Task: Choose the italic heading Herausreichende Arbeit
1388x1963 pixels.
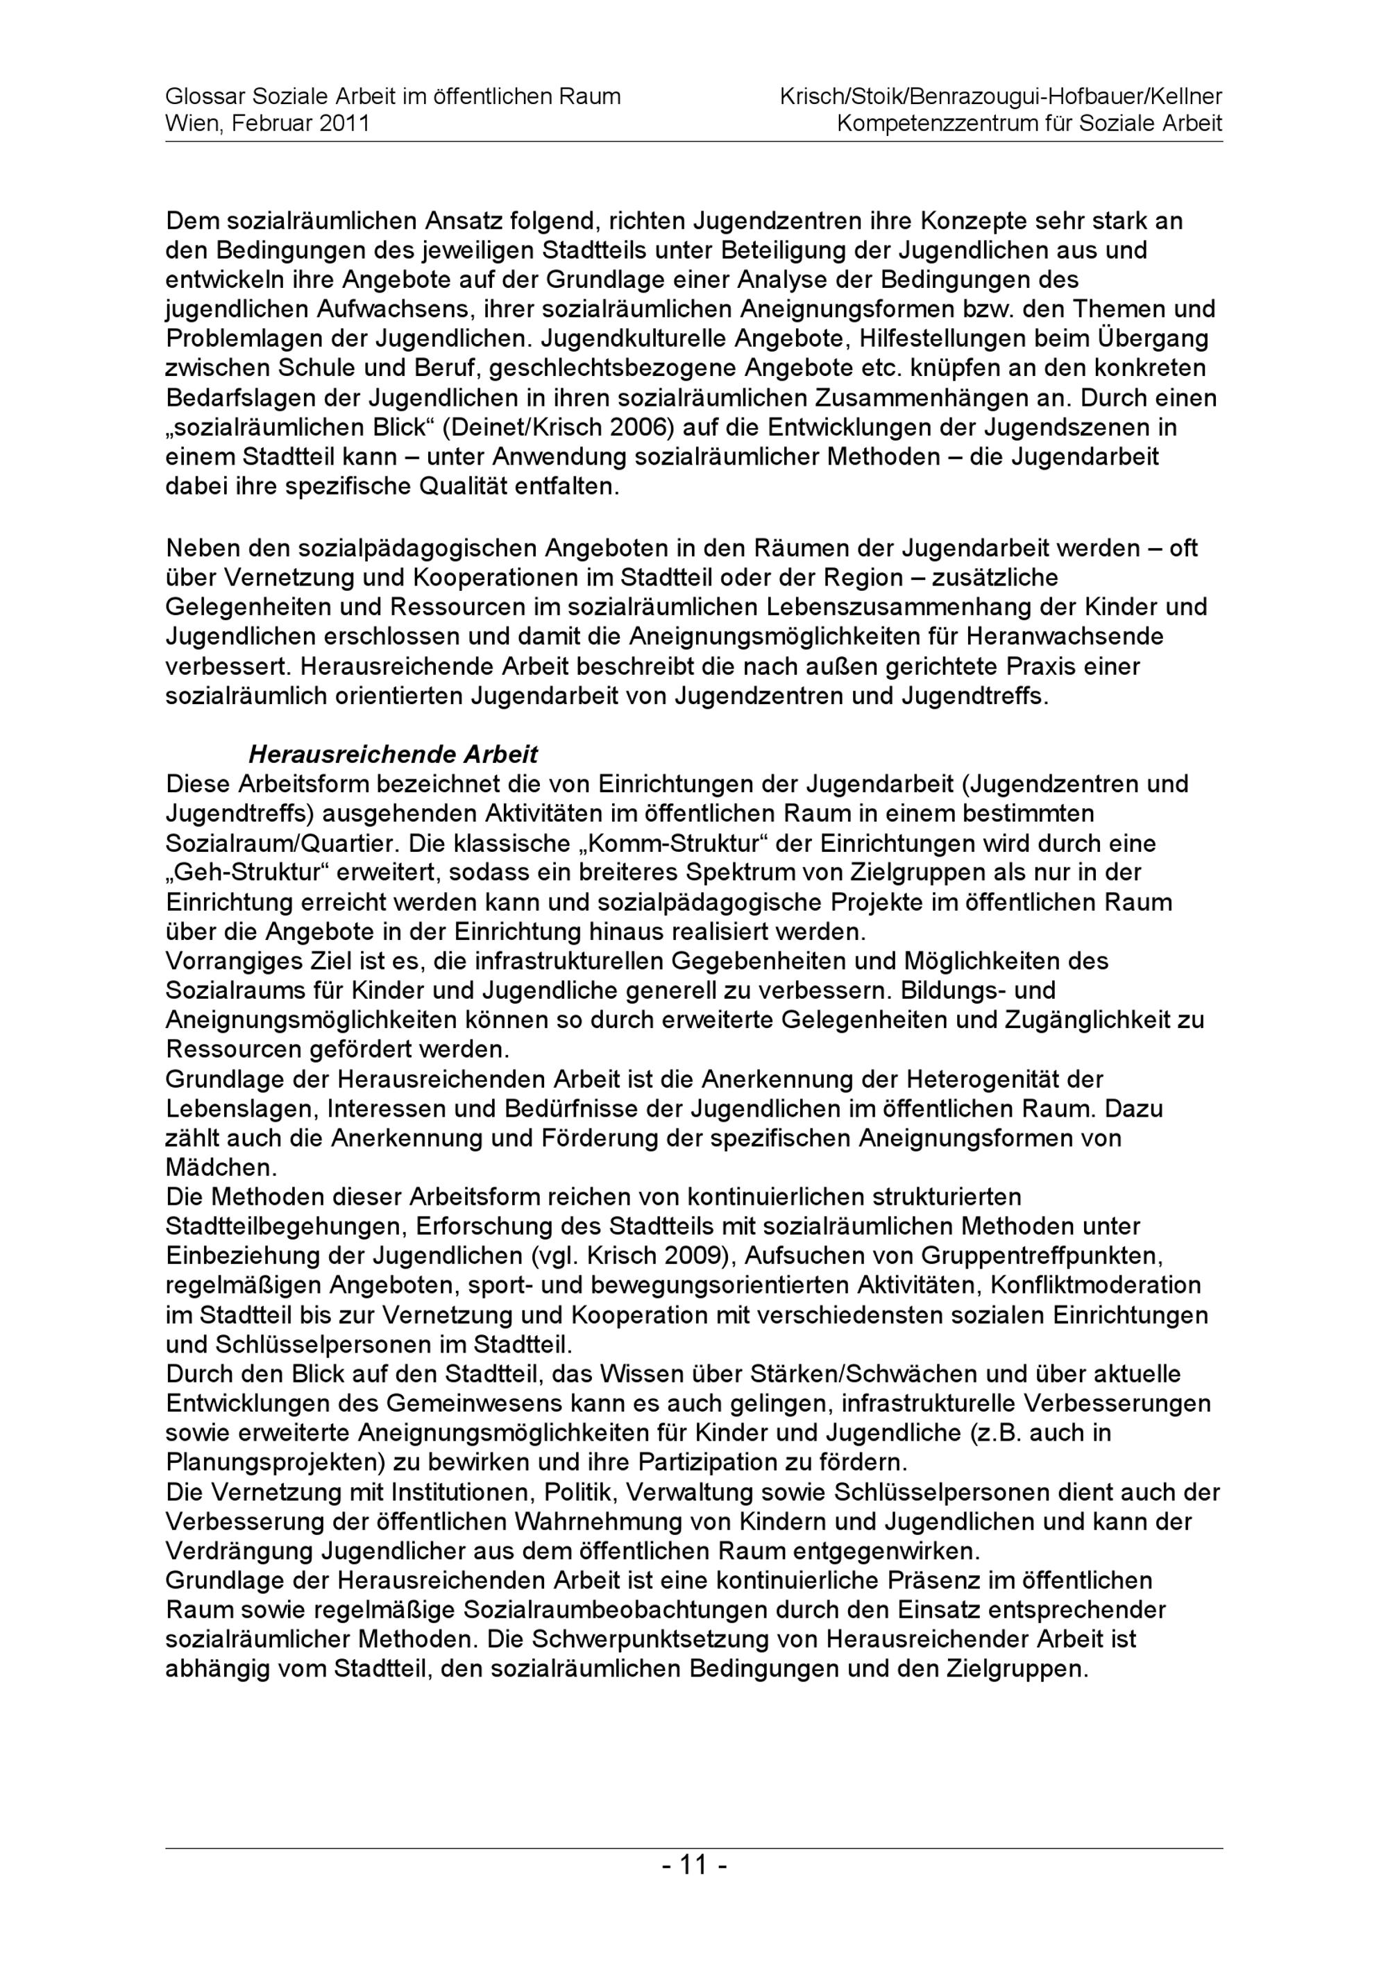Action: coord(393,755)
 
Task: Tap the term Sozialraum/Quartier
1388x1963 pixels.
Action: coord(282,844)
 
